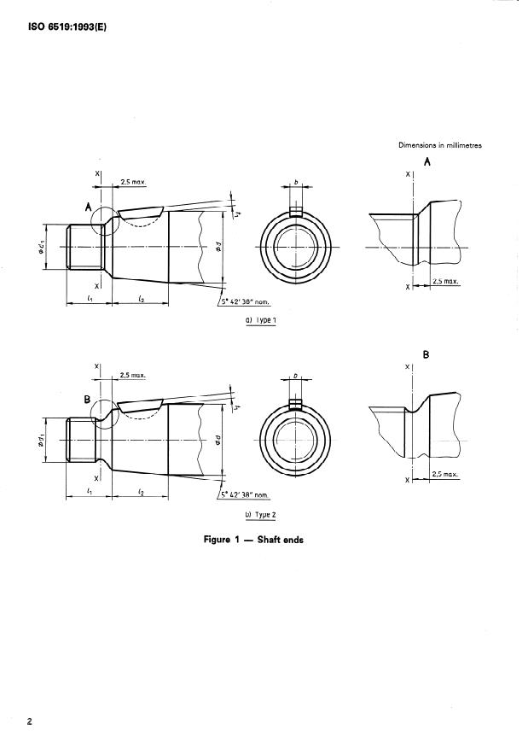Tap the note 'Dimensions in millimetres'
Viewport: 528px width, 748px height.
click(439, 145)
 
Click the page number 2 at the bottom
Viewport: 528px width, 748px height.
click(29, 722)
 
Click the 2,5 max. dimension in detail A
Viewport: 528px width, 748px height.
click(445, 280)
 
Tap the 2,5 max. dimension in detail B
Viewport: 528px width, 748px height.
click(445, 473)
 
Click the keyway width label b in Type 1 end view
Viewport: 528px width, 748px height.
click(295, 183)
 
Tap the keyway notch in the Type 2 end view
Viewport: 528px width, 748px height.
click(295, 404)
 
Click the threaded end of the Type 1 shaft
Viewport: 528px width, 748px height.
click(84, 247)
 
